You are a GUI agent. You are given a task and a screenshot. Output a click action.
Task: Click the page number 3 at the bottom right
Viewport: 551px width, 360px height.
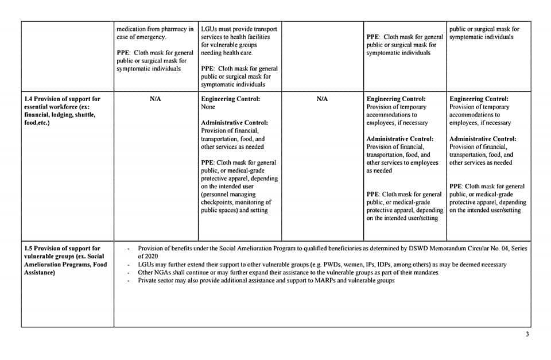[527, 335]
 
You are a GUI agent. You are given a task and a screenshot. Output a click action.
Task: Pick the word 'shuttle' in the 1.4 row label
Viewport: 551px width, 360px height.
[84, 114]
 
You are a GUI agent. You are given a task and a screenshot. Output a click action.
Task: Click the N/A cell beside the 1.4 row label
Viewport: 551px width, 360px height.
[155, 99]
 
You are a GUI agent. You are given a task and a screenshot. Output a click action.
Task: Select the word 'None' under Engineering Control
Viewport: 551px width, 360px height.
[208, 107]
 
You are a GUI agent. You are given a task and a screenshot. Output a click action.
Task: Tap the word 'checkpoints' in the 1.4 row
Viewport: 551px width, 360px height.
[216, 202]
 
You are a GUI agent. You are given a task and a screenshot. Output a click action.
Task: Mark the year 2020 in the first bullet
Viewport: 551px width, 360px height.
[150, 256]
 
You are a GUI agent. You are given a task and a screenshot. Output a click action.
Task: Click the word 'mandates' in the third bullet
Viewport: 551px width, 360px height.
[426, 272]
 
